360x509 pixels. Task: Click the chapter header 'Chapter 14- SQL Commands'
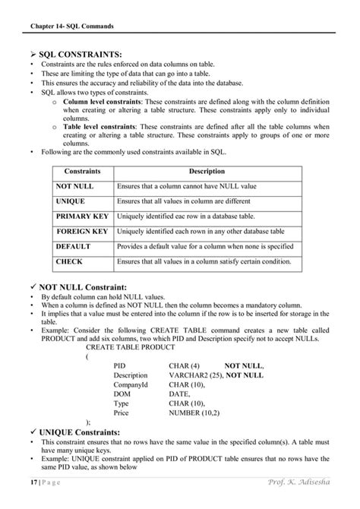click(x=71, y=26)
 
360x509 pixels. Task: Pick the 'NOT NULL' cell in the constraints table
click(x=74, y=185)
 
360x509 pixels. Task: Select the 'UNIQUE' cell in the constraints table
click(x=71, y=201)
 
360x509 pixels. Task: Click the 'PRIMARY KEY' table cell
click(x=82, y=216)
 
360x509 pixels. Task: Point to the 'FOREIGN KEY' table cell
click(x=82, y=231)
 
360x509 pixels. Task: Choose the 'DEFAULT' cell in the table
click(x=73, y=246)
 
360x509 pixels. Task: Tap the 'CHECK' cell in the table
click(x=69, y=261)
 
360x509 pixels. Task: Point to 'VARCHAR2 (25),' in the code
click(x=195, y=375)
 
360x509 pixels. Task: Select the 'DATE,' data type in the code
click(x=179, y=395)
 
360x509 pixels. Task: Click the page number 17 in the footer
click(x=34, y=483)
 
